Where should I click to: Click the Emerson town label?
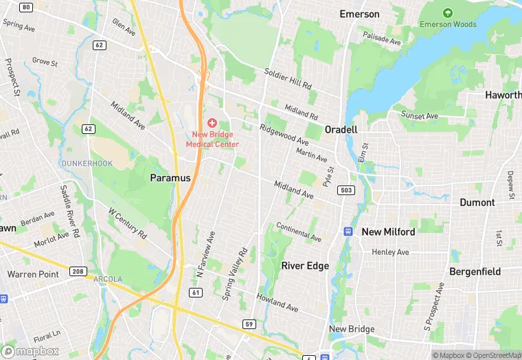tap(359, 14)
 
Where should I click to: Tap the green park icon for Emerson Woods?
tap(448, 13)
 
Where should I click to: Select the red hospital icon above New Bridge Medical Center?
tap(212, 122)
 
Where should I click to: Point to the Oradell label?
tap(341, 129)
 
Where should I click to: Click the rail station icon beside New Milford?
tap(348, 232)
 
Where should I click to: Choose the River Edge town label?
tap(305, 265)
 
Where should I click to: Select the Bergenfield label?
tap(475, 271)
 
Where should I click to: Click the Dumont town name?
tap(477, 202)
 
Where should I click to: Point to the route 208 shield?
tap(78, 271)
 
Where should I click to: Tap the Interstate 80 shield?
tap(26, 7)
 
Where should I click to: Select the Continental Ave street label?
tap(298, 232)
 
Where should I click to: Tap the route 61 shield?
tap(196, 293)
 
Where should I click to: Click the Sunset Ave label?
tap(420, 115)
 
